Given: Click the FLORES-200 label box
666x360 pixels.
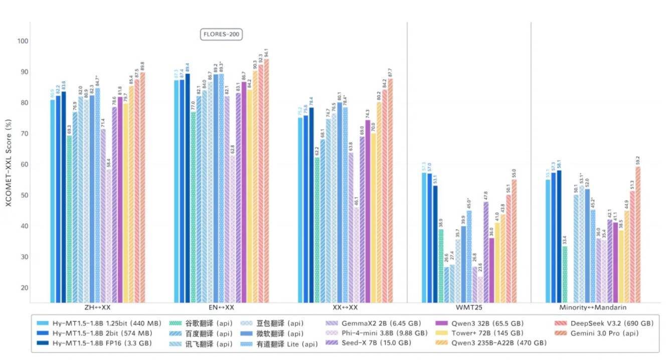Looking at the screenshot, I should point(221,35).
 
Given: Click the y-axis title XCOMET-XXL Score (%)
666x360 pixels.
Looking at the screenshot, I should point(9,163).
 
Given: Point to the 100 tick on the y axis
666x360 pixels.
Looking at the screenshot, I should point(23,41).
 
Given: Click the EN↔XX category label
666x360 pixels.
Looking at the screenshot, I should point(221,307).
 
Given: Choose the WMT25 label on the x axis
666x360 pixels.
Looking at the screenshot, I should point(468,307).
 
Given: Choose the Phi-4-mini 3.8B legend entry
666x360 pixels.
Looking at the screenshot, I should point(378,333).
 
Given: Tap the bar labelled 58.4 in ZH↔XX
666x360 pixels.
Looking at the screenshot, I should point(109,236).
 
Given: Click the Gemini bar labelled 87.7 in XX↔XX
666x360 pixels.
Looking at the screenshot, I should point(390,191).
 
